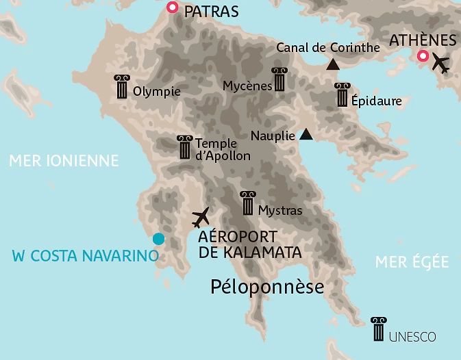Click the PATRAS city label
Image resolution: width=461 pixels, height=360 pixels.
212,11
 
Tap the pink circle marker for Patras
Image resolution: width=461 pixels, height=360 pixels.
173,8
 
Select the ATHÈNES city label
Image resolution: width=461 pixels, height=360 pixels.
422,40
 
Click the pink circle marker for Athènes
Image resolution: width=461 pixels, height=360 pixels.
423,56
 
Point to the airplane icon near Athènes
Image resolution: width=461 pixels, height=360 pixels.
440,64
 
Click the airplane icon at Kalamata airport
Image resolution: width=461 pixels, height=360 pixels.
201,218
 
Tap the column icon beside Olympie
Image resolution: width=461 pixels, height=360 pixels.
123,87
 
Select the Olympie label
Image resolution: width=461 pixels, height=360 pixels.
157,92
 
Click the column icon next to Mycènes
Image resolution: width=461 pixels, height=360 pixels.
279,79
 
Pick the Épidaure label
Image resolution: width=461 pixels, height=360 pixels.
376,101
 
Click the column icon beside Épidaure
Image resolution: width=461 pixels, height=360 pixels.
342,95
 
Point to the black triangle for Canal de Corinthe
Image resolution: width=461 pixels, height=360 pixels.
333,65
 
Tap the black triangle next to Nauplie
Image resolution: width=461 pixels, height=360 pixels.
306,135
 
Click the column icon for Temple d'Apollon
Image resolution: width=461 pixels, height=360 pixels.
184,147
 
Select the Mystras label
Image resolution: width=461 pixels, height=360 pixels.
280,210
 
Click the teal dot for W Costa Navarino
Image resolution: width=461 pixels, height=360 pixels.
158,239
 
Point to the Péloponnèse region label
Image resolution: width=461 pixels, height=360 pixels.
266,286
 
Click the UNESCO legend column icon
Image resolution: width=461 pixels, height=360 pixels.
377,329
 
